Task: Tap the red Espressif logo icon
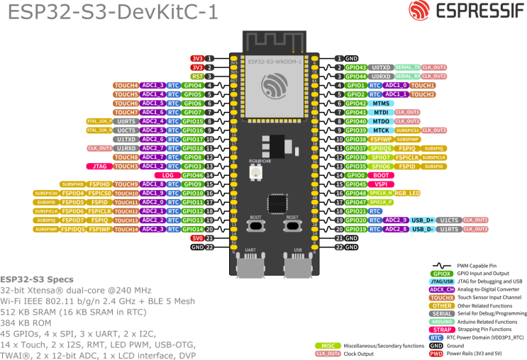point(418,11)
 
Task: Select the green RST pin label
point(197,76)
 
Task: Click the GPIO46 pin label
point(192,174)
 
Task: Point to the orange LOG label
point(168,174)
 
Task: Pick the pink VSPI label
point(381,184)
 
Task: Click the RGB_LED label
point(407,193)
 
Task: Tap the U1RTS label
point(449,229)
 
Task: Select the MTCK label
point(382,130)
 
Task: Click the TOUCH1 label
point(422,85)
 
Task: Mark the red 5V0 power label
point(197,238)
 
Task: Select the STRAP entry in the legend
point(442,329)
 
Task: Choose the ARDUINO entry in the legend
point(442,321)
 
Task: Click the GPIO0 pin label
point(356,174)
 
